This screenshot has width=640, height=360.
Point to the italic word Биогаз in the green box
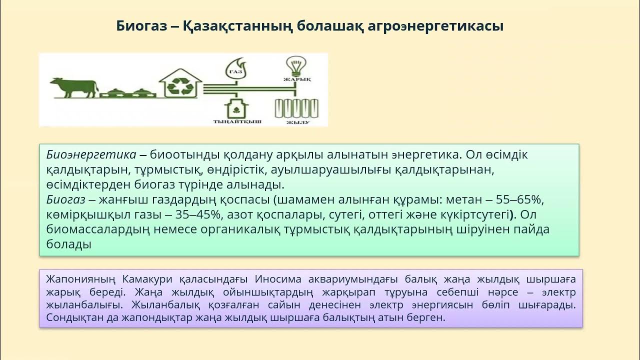(64, 200)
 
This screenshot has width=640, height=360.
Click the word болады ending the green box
(69, 245)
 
